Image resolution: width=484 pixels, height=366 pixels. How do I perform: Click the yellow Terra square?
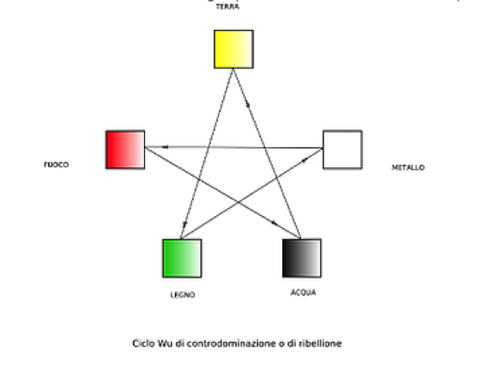coord(233,49)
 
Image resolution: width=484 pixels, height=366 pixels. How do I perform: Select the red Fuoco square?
coord(125,149)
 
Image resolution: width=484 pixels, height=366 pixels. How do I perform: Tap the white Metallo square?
coord(342,149)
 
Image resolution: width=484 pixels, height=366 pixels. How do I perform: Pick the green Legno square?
coord(182,258)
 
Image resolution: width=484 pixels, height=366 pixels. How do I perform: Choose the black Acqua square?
coord(302,258)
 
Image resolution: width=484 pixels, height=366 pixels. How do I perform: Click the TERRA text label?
coord(227,7)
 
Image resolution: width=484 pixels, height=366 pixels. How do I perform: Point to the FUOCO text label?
coord(56,165)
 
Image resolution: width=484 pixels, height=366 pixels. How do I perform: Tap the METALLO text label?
coord(408,167)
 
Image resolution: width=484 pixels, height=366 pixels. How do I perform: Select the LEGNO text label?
coord(183,295)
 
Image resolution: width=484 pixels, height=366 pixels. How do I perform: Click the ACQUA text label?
coord(303,292)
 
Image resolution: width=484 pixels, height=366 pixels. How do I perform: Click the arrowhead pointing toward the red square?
coord(165,147)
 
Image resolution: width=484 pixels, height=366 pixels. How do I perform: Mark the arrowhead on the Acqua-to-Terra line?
coord(247,105)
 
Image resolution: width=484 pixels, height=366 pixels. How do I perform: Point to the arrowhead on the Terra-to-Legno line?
coord(185,223)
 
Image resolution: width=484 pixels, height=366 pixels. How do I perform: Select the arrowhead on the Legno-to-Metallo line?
coord(305,159)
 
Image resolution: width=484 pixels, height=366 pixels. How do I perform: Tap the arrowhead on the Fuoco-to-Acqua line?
coord(274,223)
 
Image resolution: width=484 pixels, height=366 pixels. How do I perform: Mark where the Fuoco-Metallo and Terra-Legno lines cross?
coord(208,147)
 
